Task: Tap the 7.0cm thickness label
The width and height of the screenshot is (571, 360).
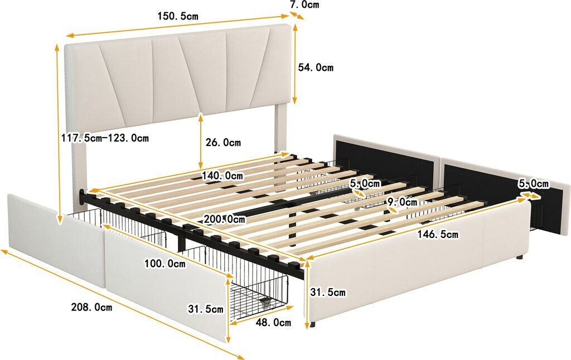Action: [304, 5]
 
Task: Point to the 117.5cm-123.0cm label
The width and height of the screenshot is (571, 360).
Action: [105, 138]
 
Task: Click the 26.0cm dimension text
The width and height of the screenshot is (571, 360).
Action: [224, 143]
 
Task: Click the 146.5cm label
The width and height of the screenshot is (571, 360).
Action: [438, 235]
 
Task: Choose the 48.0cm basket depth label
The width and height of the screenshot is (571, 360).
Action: [273, 323]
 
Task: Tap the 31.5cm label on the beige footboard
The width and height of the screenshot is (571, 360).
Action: [328, 293]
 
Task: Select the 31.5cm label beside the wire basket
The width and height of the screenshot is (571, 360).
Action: [206, 309]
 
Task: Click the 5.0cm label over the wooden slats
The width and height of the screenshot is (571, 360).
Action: [365, 183]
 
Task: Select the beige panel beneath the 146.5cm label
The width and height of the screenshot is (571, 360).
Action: [418, 273]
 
